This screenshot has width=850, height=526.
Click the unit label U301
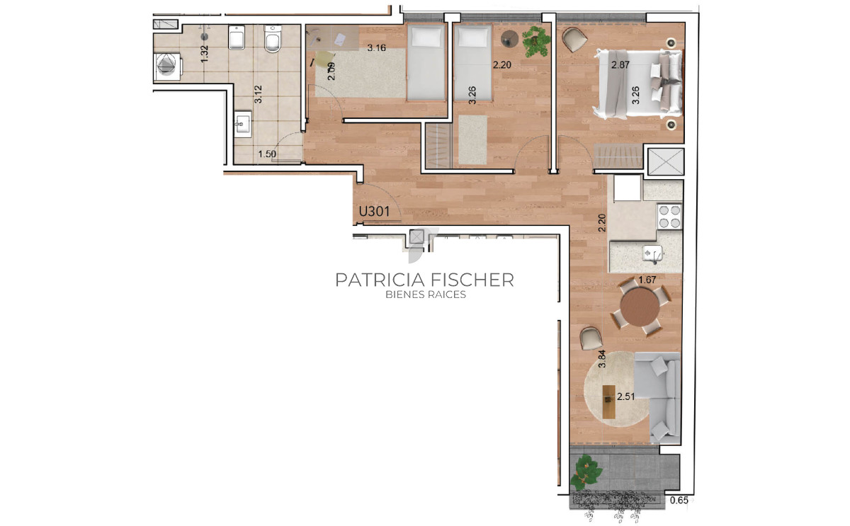[x=374, y=212]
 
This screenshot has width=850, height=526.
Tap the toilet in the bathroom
[x=273, y=39]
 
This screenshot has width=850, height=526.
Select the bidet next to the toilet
[x=237, y=38]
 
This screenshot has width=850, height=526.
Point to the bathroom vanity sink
[x=242, y=124]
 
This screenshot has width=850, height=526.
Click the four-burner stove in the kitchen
[x=669, y=217]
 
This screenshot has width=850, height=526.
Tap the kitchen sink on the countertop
[x=652, y=253]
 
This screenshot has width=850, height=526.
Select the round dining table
[x=640, y=307]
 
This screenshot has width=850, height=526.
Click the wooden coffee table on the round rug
[x=608, y=401]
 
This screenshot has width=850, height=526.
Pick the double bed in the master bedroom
[x=639, y=84]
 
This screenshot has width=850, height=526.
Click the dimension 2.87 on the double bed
[x=620, y=65]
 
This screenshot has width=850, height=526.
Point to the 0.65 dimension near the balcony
[x=679, y=501]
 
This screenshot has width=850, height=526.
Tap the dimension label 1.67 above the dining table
[x=647, y=280]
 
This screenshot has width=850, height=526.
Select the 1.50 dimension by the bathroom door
[x=267, y=154]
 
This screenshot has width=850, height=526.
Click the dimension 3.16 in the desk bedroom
[x=376, y=47]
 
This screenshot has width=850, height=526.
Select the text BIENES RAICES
[x=426, y=295]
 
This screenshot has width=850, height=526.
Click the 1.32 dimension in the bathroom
[x=205, y=54]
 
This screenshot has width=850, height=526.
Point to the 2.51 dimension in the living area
[x=625, y=396]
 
